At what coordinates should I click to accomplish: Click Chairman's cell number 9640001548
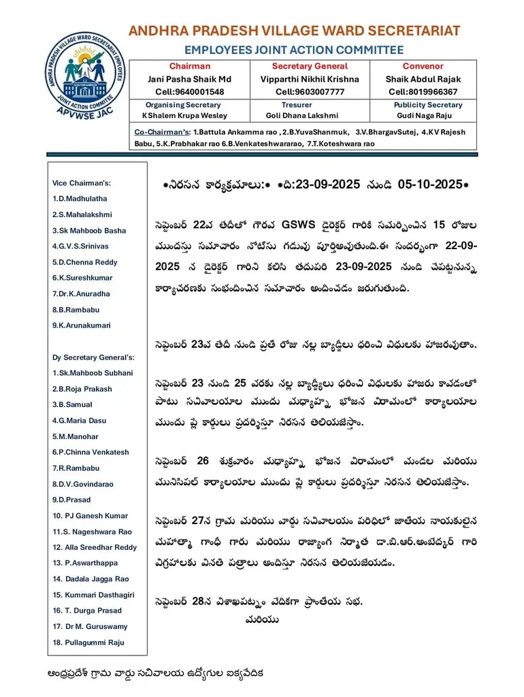click(190, 92)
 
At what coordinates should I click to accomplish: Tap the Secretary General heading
click(310, 66)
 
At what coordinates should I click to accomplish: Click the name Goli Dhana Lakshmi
click(297, 116)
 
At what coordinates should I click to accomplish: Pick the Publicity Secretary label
click(427, 105)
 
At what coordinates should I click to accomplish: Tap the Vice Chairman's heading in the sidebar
click(81, 183)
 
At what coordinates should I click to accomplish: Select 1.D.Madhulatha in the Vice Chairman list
click(80, 199)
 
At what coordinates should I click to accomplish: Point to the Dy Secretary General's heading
click(93, 357)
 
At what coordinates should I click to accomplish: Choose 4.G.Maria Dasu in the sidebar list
click(79, 421)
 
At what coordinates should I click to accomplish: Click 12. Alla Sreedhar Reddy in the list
click(95, 547)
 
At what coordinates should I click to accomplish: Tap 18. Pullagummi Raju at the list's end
click(88, 643)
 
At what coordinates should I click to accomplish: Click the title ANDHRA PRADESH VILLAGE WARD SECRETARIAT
click(294, 31)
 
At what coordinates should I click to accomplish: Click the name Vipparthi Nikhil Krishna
click(310, 79)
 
